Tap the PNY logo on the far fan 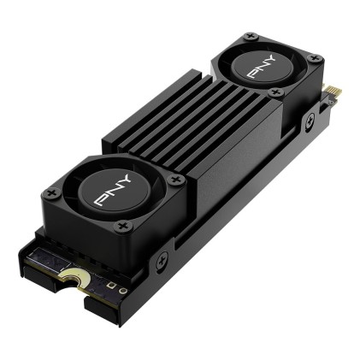pyautogui.click(x=262, y=69)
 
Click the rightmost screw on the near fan pyautogui.click(x=176, y=180)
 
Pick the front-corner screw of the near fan pyautogui.click(x=122, y=226)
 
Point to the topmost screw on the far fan pyautogui.click(x=250, y=37)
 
